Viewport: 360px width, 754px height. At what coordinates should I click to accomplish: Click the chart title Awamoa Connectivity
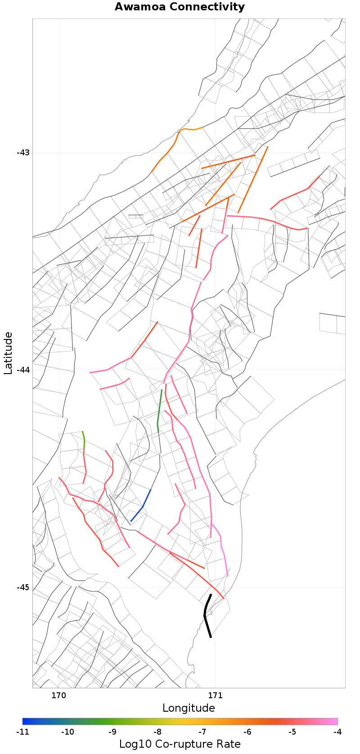click(180, 7)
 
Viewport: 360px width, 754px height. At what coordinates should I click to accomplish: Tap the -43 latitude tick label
click(23, 152)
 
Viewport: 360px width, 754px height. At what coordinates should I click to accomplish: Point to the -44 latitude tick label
click(23, 370)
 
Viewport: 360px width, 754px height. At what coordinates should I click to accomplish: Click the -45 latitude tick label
click(23, 587)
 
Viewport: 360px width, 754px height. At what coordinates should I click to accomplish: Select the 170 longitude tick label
click(58, 695)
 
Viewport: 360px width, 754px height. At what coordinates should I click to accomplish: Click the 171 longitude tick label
click(215, 695)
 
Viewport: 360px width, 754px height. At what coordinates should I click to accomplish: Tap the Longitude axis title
click(189, 708)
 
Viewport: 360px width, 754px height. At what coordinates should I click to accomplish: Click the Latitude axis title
click(8, 353)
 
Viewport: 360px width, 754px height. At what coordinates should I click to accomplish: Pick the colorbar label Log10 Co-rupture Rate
click(180, 744)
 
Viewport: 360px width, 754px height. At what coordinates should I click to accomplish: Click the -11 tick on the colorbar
click(22, 732)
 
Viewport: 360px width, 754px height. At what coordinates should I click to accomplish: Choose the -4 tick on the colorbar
click(337, 732)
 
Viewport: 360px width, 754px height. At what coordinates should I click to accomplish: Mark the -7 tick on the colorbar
click(202, 732)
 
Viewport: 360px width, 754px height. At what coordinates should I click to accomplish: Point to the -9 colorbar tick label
click(112, 732)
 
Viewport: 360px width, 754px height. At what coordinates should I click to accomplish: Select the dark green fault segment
click(159, 410)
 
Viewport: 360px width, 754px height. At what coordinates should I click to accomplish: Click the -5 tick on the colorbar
click(292, 732)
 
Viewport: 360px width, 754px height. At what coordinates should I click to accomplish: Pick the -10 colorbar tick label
click(67, 732)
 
